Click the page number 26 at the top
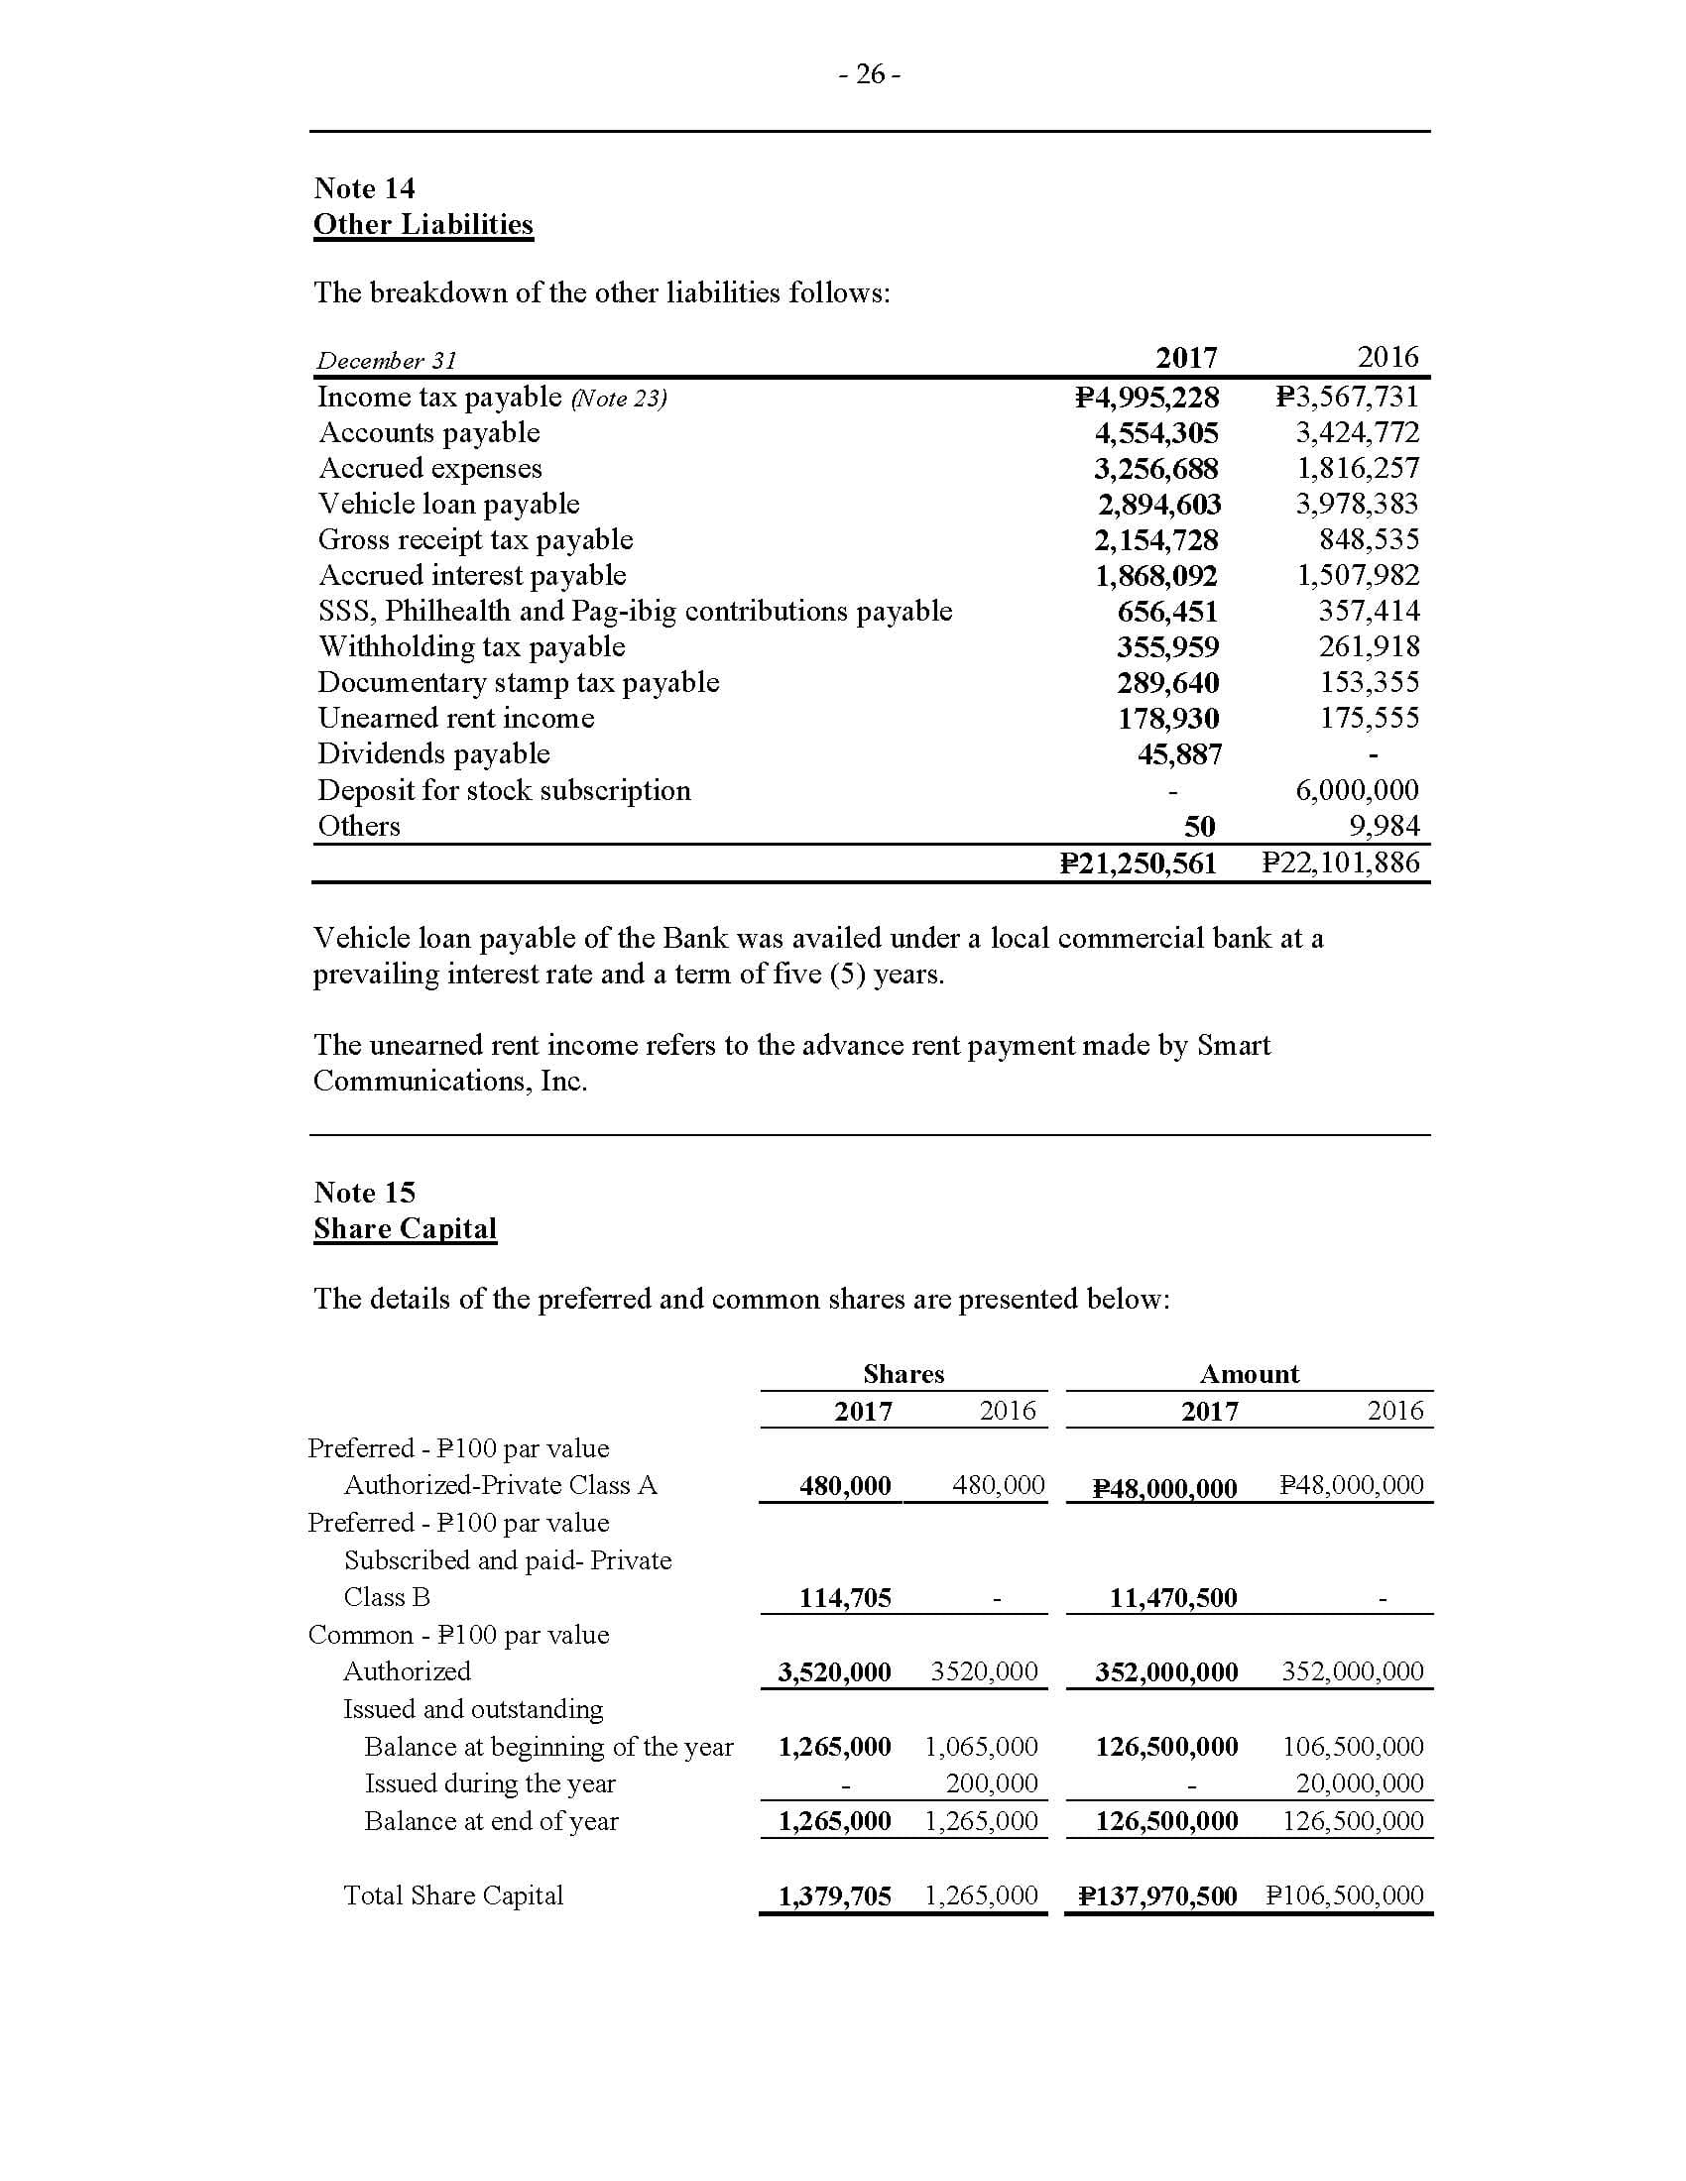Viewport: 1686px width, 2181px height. point(870,75)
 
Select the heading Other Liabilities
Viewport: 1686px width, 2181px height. point(422,225)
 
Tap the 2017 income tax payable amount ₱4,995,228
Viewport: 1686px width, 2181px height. point(1146,398)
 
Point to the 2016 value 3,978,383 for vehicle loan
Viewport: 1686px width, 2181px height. point(1357,505)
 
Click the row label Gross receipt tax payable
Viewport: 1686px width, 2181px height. point(475,540)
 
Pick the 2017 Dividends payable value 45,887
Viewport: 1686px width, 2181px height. point(1178,755)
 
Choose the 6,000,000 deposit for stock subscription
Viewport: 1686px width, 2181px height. point(1357,791)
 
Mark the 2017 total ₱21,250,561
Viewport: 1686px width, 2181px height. point(1138,863)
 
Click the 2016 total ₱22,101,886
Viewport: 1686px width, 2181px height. point(1341,863)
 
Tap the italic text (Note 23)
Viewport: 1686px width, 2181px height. point(618,399)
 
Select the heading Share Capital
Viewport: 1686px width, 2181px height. point(405,1229)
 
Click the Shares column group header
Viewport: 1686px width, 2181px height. point(903,1374)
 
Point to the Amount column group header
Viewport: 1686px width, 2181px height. point(1249,1374)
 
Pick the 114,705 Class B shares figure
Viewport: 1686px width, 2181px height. point(845,1598)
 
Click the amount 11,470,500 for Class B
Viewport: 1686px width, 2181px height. point(1172,1598)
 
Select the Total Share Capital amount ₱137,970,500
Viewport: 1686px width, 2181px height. point(1157,1896)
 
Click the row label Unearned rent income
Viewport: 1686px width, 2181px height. point(455,719)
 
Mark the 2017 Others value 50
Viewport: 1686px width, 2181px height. point(1199,827)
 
